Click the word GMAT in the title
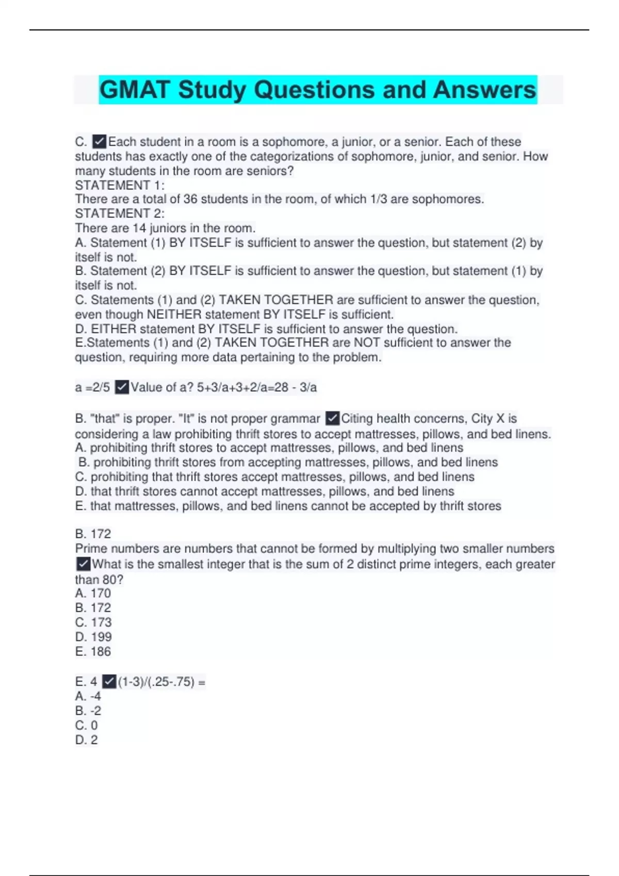click(134, 90)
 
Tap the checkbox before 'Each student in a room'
click(99, 142)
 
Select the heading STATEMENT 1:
click(120, 185)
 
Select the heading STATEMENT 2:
click(120, 213)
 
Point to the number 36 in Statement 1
click(190, 199)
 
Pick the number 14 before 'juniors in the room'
click(139, 228)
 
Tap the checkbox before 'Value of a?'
click(122, 387)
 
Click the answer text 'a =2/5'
click(92, 387)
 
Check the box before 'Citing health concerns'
click(333, 418)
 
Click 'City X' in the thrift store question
click(487, 418)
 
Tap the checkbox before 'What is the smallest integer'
click(83, 564)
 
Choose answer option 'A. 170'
click(93, 594)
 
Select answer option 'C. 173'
click(93, 622)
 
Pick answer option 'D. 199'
click(93, 637)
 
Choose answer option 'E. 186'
click(93, 651)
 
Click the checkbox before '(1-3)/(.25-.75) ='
click(109, 682)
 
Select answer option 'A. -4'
click(88, 696)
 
